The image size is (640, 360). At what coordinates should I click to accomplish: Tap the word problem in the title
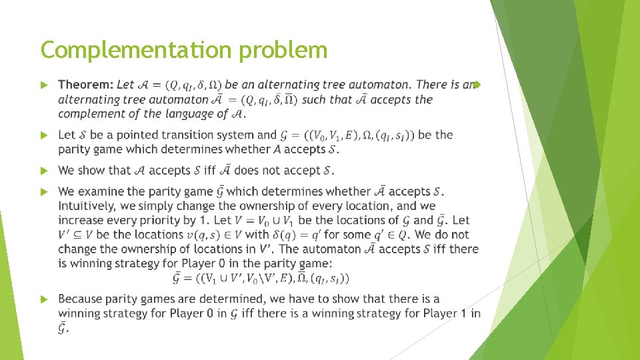point(291,50)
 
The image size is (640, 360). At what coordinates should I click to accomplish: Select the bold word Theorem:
point(86,85)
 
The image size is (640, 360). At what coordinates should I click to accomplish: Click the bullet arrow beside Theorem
point(45,85)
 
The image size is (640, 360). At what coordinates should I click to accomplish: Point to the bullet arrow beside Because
point(45,299)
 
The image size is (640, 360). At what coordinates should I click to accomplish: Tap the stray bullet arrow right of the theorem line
point(477,85)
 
